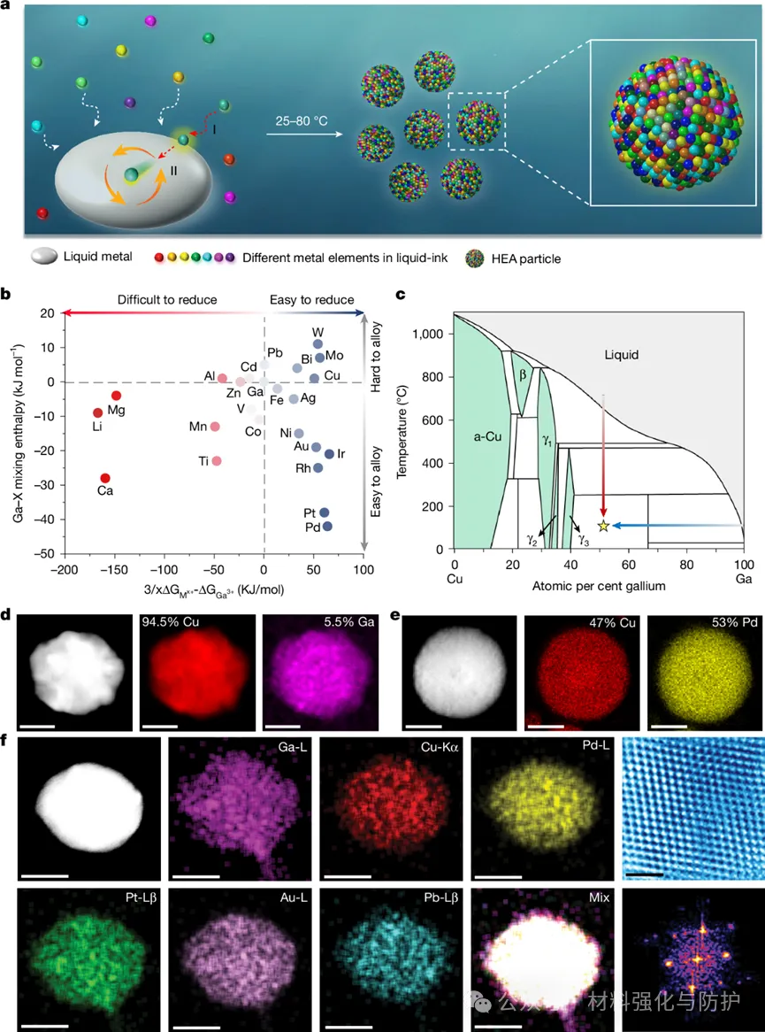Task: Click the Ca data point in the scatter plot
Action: click(105, 478)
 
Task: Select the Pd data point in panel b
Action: click(327, 526)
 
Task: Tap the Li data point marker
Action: click(98, 412)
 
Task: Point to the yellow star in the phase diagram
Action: click(604, 526)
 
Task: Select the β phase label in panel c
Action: click(523, 374)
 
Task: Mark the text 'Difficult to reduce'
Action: click(168, 300)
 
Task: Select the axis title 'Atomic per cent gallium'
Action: click(599, 586)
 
